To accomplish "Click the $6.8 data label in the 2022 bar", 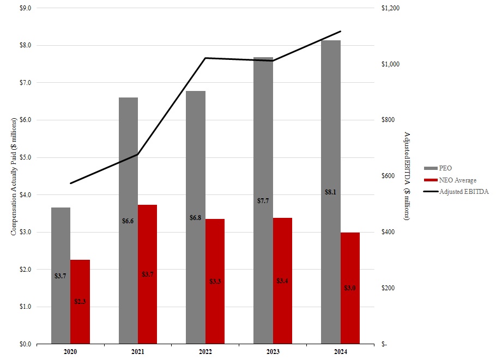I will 195,218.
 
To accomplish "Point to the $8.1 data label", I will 330,192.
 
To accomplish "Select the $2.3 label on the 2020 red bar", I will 80,301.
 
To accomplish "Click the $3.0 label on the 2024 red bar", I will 350,288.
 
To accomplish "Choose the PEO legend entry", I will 445,168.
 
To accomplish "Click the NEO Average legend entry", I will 457,180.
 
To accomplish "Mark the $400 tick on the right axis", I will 388,233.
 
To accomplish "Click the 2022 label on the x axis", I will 205,352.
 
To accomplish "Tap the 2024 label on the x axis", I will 340,352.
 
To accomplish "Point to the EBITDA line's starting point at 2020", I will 70,184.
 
